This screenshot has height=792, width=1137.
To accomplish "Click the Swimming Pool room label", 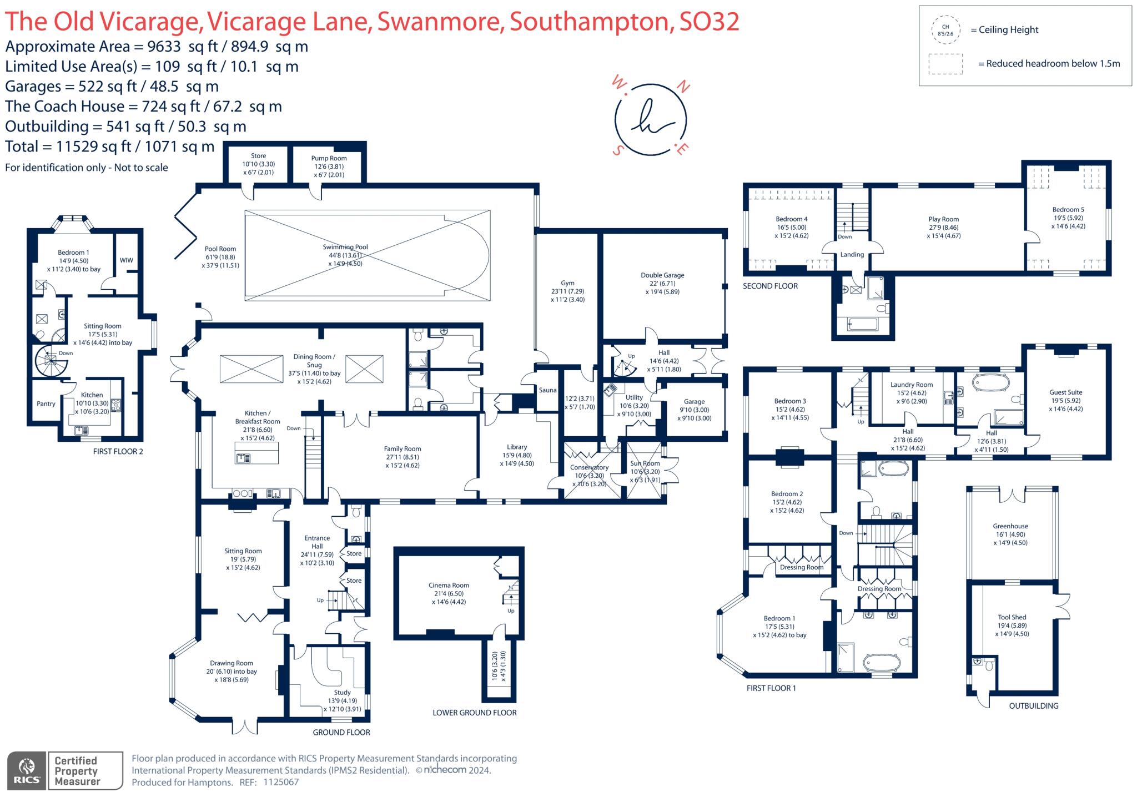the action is [x=345, y=247].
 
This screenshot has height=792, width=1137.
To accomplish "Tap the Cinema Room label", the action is [x=449, y=585].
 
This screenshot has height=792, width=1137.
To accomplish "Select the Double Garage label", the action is [x=662, y=275].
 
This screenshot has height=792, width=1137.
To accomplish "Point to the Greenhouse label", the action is [x=1010, y=526].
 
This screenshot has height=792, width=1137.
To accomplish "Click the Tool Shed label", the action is [x=1012, y=617].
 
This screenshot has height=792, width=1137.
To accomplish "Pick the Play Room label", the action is [x=944, y=219].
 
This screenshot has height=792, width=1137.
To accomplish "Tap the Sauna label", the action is [x=547, y=390].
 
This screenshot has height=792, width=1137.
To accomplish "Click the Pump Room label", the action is [x=329, y=158].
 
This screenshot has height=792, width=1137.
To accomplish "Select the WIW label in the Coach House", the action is [x=127, y=260].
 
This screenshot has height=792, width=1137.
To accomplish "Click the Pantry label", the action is [x=46, y=403].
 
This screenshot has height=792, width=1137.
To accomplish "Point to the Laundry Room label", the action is [x=912, y=385].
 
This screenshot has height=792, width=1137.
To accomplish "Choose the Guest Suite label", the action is [x=1066, y=392].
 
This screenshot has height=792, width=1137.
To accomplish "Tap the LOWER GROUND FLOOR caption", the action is [x=475, y=713].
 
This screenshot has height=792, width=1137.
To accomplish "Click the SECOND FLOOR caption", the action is [x=770, y=286].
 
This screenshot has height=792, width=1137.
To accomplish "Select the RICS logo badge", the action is [x=27, y=770].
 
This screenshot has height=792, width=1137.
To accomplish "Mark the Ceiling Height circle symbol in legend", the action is [x=945, y=30].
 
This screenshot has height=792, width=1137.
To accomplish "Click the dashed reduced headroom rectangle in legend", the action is [x=945, y=64].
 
